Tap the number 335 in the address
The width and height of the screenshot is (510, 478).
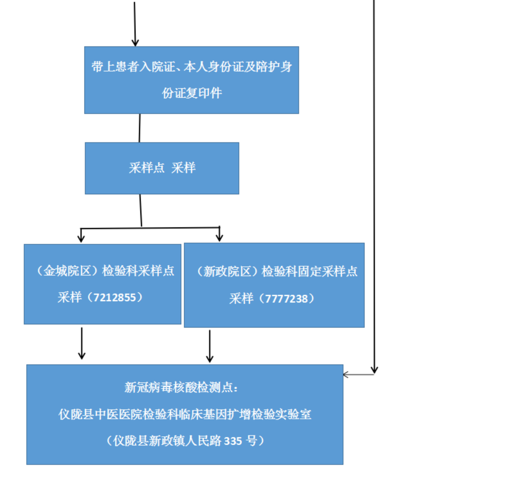(233, 441)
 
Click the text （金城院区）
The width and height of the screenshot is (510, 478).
(66, 271)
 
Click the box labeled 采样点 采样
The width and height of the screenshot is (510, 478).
(162, 168)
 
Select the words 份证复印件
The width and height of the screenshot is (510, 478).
(192, 93)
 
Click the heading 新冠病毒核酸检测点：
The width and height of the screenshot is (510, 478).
(181, 388)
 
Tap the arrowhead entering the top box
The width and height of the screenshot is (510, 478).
(135, 42)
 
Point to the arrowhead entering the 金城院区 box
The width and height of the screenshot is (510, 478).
(81, 238)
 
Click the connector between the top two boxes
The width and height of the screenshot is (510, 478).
(140, 128)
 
